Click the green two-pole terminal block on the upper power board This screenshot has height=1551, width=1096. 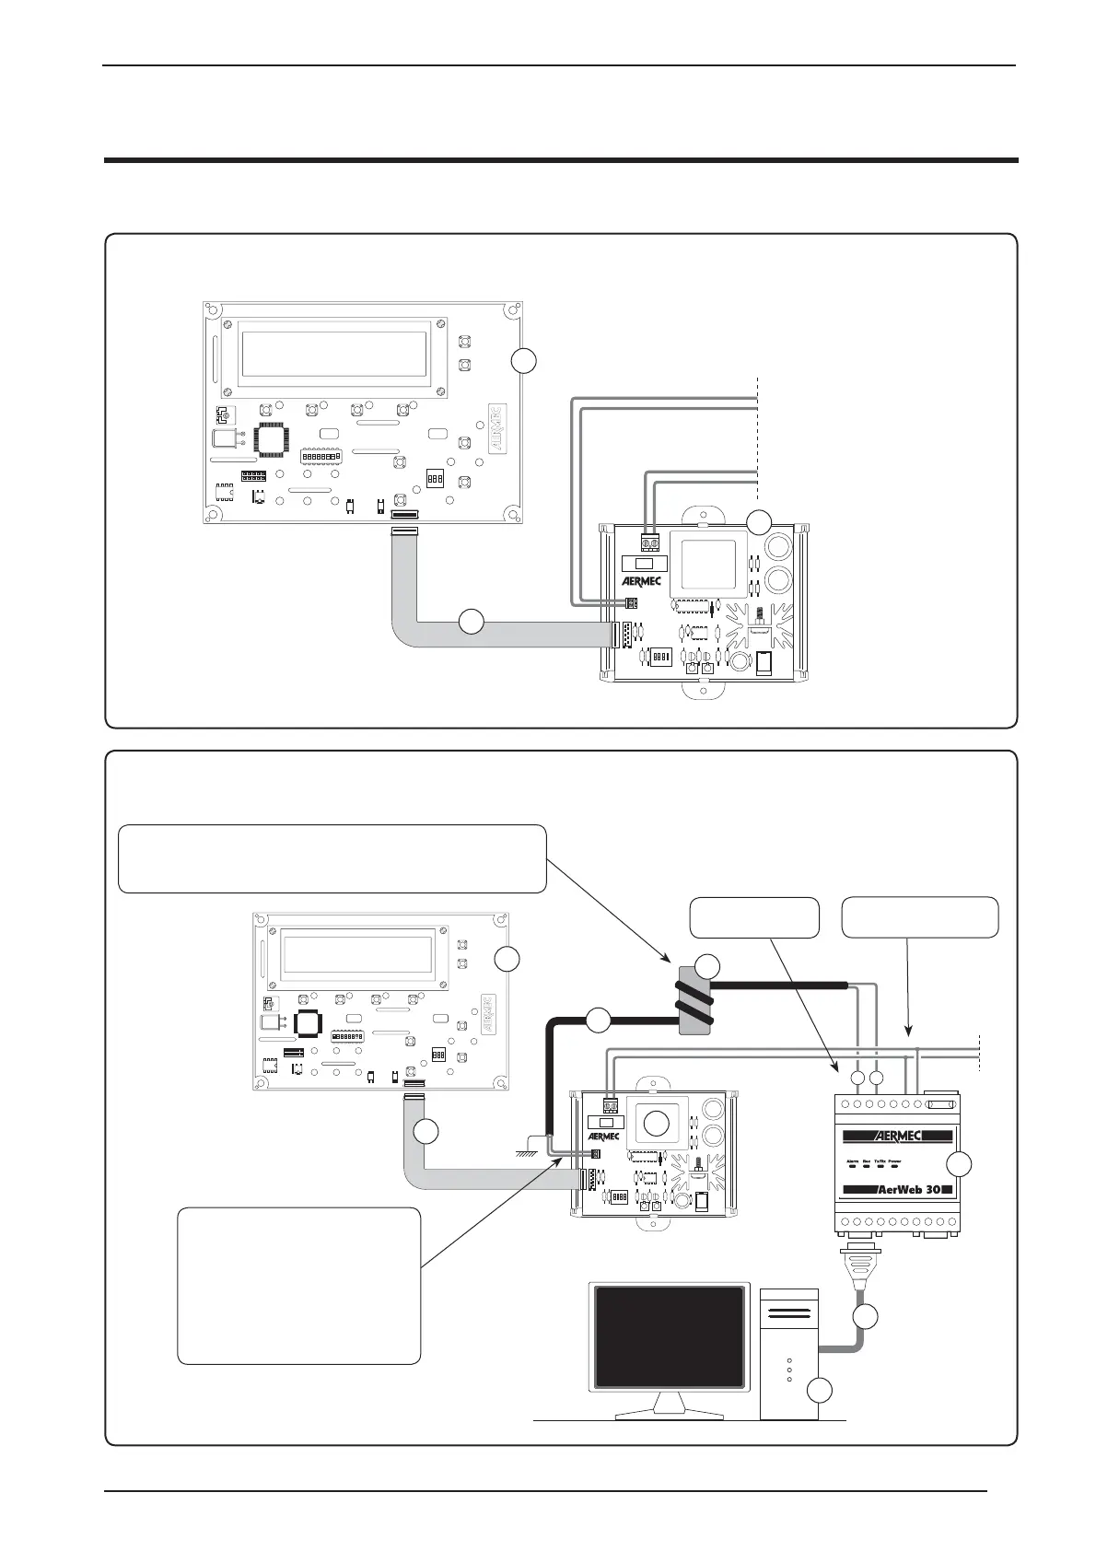(651, 542)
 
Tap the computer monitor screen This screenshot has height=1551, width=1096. (670, 1335)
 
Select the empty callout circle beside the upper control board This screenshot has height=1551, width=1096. (523, 360)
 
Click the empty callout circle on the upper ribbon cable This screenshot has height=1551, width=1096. (471, 622)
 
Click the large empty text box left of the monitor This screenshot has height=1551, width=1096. (298, 1286)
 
